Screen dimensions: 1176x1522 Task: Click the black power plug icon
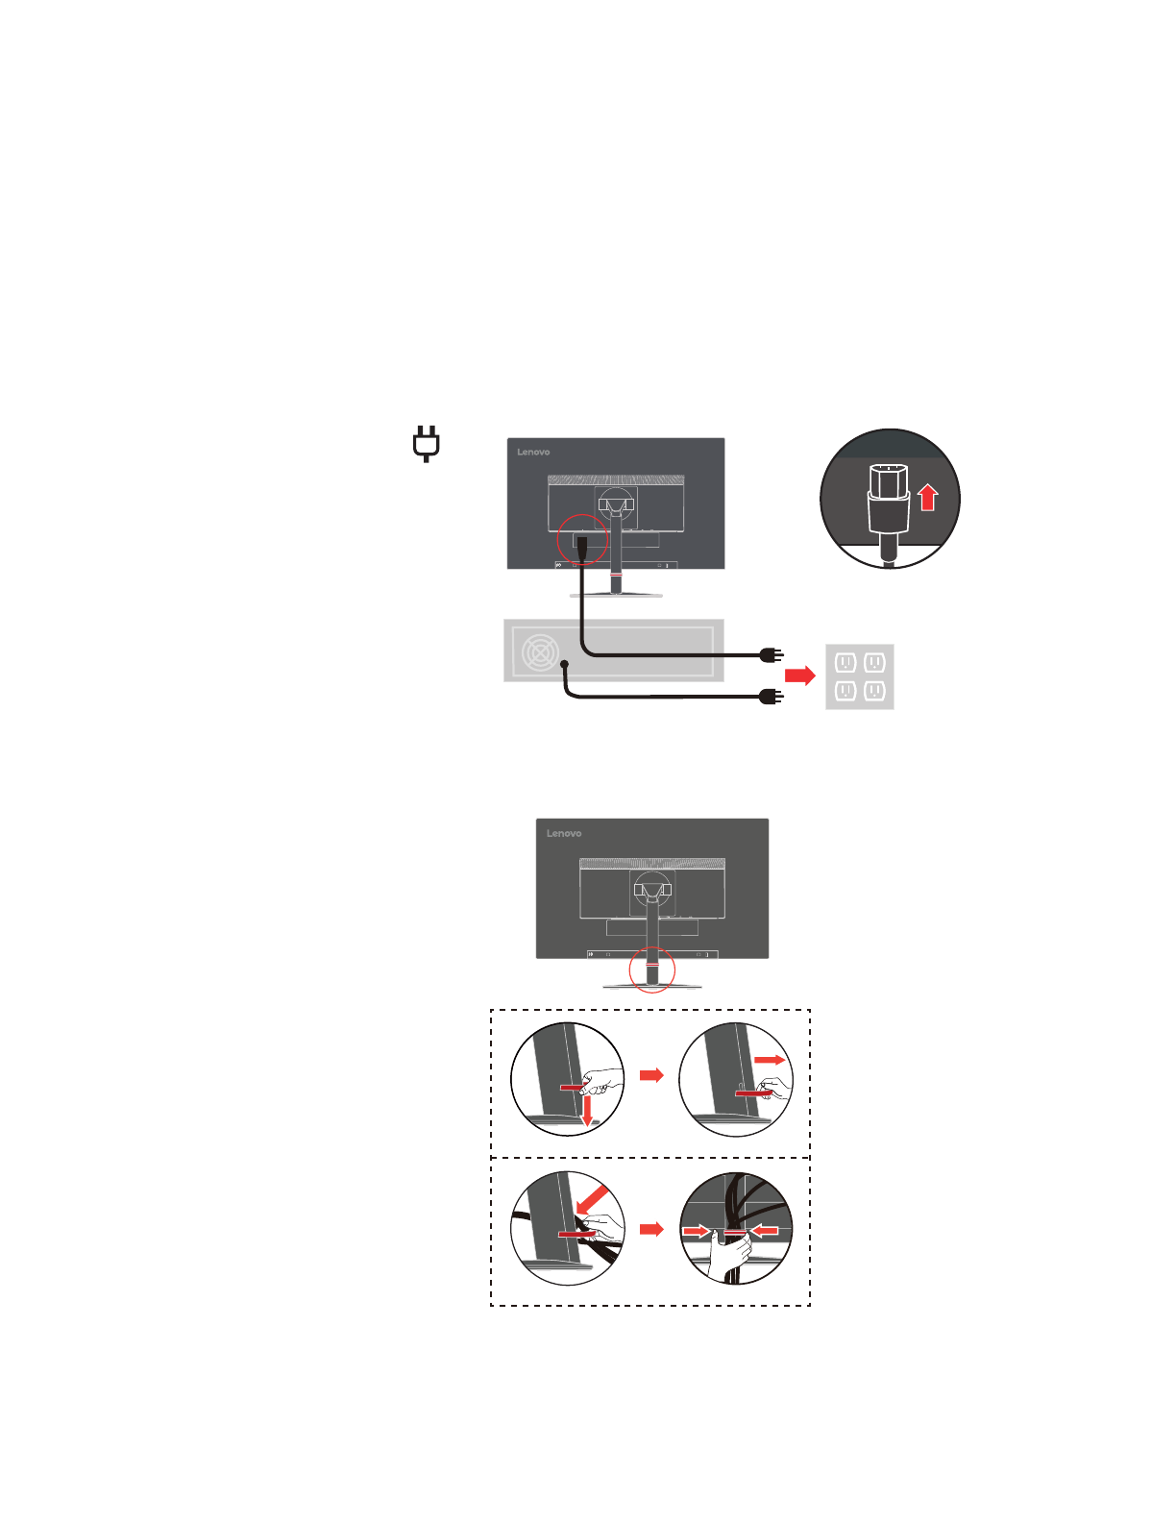pos(427,443)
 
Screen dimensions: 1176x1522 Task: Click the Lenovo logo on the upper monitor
pos(533,452)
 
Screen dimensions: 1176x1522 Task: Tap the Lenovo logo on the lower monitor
pos(564,833)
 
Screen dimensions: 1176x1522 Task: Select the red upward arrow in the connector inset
pos(927,497)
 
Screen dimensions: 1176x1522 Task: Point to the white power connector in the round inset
pos(888,500)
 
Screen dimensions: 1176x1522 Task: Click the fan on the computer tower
pos(540,652)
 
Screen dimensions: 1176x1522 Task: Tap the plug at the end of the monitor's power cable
pos(771,655)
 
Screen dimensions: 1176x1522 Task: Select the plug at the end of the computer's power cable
pos(771,697)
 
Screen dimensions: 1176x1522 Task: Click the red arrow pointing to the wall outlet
pos(799,675)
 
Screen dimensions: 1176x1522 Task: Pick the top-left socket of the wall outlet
pos(845,662)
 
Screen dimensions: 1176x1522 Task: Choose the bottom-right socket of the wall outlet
pos(874,691)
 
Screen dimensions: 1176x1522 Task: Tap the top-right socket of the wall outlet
pos(874,662)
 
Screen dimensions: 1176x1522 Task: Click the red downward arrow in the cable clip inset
pos(587,1111)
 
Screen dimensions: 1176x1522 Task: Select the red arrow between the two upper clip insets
pos(651,1074)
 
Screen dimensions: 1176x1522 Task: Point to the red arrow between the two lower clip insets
pos(651,1229)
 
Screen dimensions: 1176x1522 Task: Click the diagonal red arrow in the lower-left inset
pos(592,1199)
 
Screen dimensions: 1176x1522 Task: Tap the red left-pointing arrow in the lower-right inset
pos(765,1230)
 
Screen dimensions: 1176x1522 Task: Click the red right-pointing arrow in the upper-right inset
pos(769,1060)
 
